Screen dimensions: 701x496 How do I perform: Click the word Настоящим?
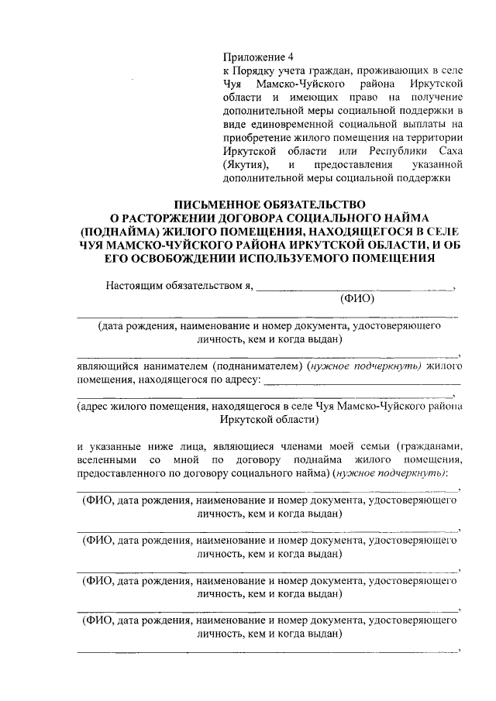coord(133,284)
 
